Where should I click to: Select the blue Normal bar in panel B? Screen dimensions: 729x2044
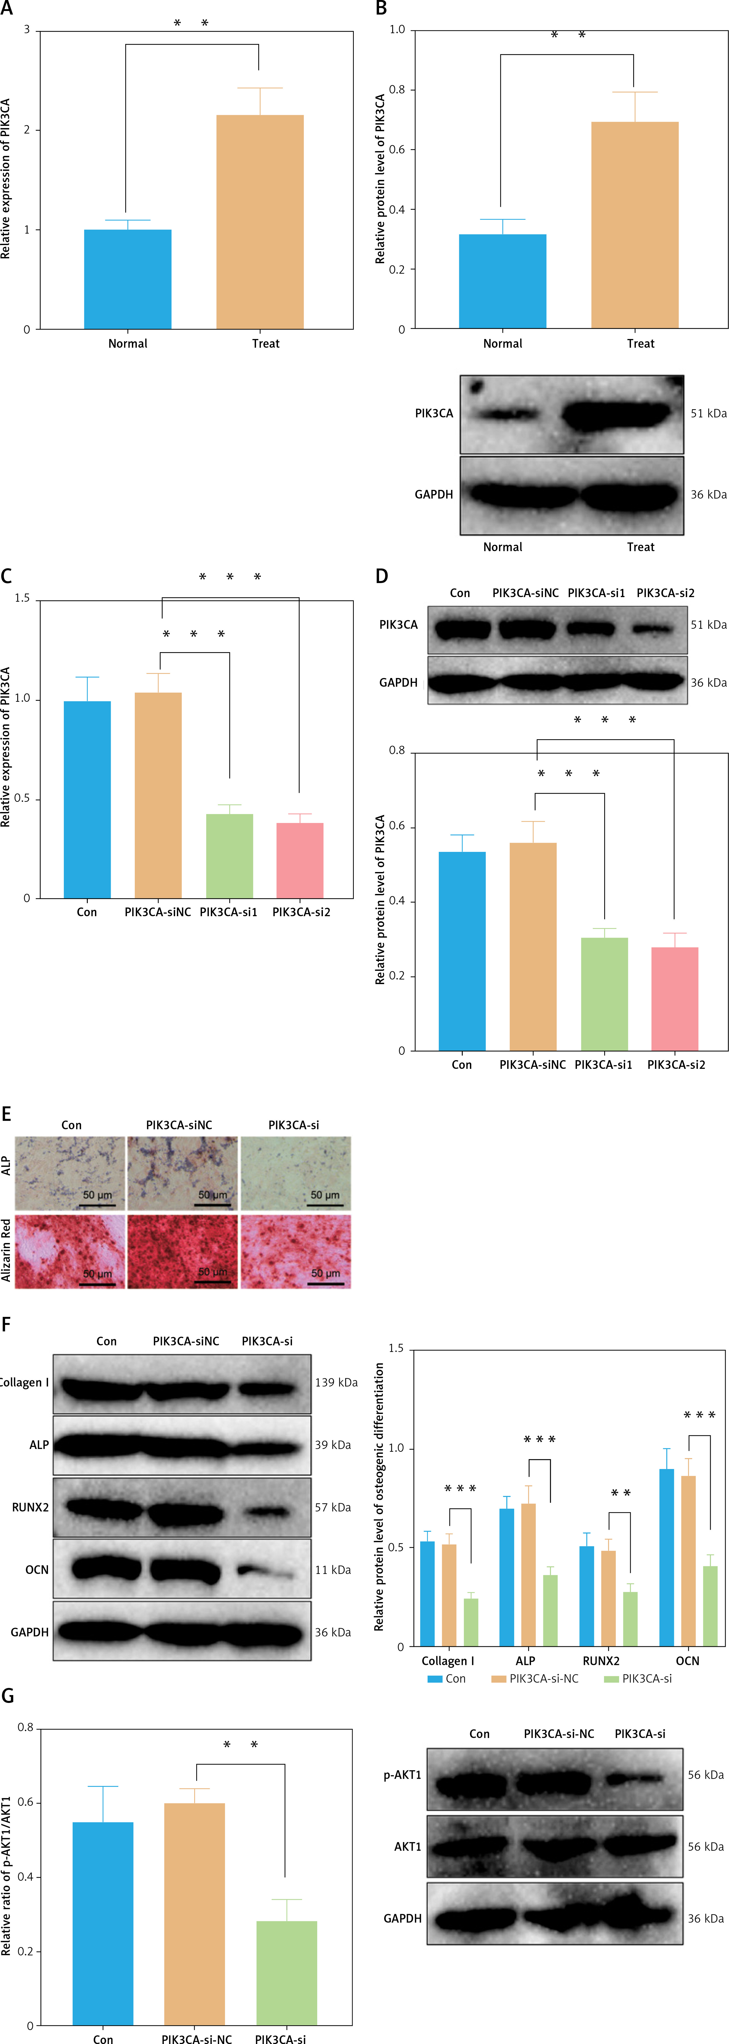pyautogui.click(x=502, y=282)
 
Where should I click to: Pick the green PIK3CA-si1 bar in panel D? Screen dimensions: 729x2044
pyautogui.click(x=604, y=994)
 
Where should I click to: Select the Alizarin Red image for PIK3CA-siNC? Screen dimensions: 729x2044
pyautogui.click(x=183, y=1251)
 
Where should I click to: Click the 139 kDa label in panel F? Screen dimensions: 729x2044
pyautogui.click(x=336, y=1382)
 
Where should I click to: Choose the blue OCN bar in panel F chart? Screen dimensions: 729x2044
pyautogui.click(x=666, y=1558)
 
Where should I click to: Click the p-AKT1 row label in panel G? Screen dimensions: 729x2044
pyautogui.click(x=402, y=1775)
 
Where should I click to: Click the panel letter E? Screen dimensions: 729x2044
pyautogui.click(x=6, y=1114)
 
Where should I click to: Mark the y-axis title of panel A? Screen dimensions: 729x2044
pyautogui.click(x=6, y=178)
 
